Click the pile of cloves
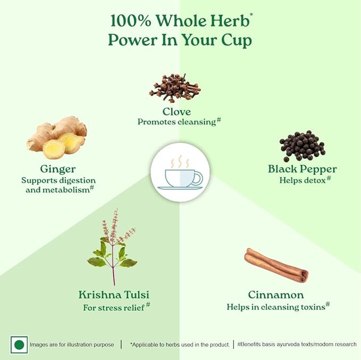point(175,89)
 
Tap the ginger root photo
point(57,138)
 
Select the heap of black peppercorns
point(303,146)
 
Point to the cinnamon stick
point(276,265)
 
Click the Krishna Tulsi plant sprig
point(112,247)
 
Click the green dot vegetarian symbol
point(19,345)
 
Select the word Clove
point(177,112)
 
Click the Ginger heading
point(58,169)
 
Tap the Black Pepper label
point(303,169)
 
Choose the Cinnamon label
point(276,295)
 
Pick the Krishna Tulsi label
point(114,295)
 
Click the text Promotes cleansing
point(177,122)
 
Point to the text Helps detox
point(303,180)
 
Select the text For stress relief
point(114,307)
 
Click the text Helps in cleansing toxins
point(276,307)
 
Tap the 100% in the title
point(131,21)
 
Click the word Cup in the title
point(237,40)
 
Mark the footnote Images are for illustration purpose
point(72,345)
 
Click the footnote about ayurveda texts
point(297,344)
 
